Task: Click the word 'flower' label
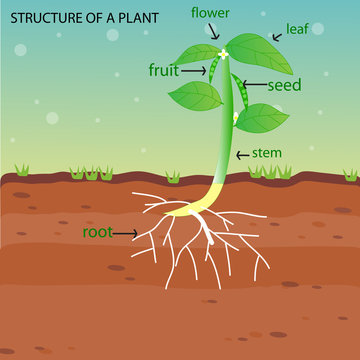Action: (213, 13)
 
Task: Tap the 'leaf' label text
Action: (298, 29)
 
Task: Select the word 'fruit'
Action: (164, 70)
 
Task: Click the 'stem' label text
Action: (268, 153)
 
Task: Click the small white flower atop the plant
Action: (223, 52)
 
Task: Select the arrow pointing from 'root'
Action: (126, 234)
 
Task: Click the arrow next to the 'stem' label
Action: (243, 155)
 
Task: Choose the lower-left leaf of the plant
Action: (195, 95)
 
